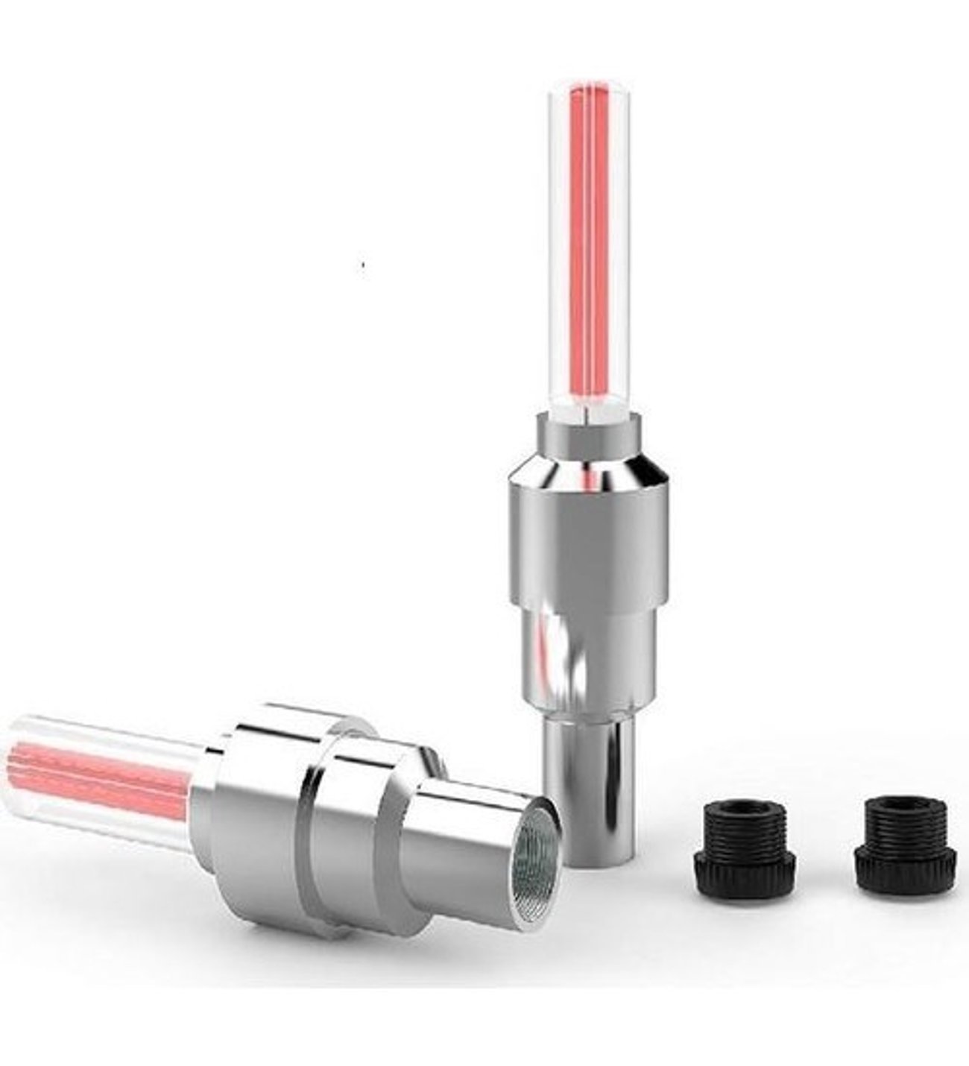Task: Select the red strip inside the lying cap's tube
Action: point(97,775)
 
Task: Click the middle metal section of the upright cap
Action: point(589,656)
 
